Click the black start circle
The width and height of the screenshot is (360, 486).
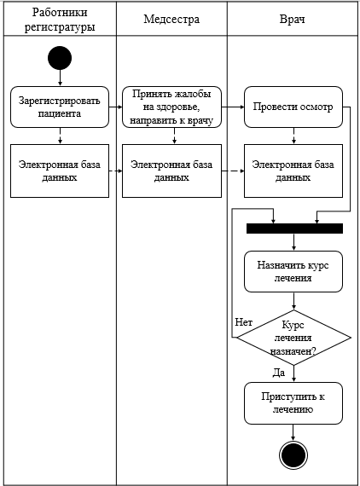click(60, 58)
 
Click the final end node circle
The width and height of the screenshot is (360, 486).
click(293, 455)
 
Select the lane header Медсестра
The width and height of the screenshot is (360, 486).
click(171, 20)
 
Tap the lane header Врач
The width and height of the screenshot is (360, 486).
click(292, 20)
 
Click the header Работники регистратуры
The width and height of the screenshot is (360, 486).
click(60, 20)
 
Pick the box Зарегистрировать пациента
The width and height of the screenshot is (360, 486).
click(60, 107)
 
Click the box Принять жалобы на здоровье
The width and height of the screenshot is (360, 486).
click(171, 107)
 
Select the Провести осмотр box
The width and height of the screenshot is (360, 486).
click(293, 107)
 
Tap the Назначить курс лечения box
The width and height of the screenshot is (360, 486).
click(293, 271)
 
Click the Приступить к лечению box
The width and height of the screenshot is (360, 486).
click(293, 403)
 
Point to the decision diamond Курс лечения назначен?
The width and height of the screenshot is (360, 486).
click(294, 338)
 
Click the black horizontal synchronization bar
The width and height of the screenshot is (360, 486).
click(294, 229)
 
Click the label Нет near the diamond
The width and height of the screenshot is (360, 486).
click(243, 322)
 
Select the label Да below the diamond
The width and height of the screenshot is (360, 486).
click(279, 373)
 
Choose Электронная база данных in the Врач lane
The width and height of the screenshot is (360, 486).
click(293, 171)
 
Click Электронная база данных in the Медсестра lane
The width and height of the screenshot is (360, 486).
click(171, 171)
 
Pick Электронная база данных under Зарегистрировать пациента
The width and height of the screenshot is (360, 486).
click(60, 171)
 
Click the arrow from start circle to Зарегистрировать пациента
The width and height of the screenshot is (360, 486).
click(60, 78)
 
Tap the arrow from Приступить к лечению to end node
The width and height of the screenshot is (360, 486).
click(293, 432)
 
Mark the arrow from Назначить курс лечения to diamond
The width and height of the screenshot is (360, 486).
click(293, 301)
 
